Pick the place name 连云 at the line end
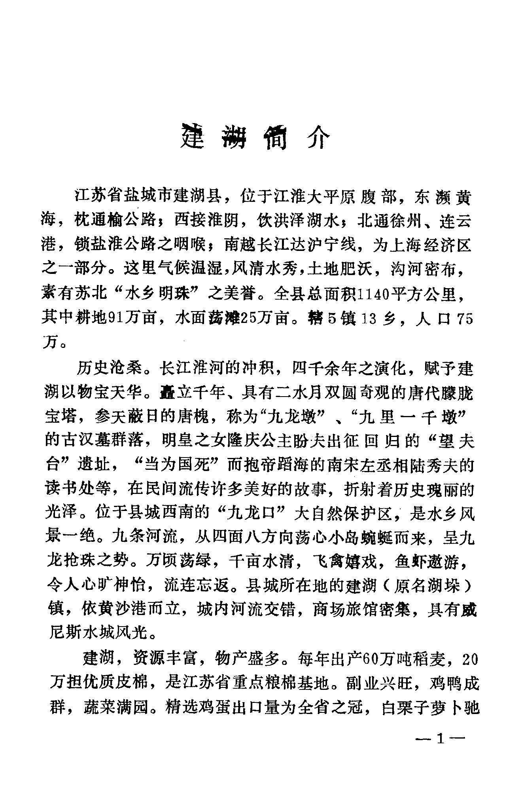click(x=456, y=221)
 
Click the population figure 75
click(x=465, y=319)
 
